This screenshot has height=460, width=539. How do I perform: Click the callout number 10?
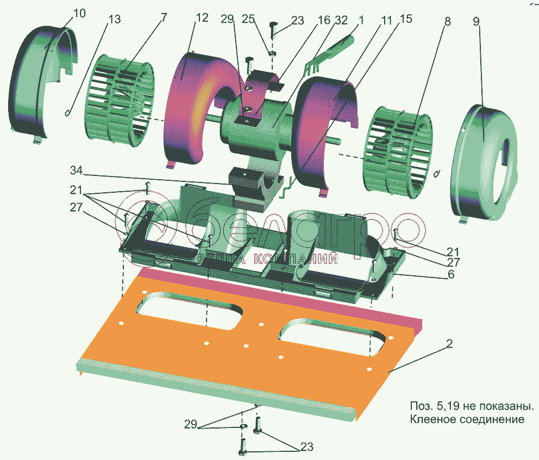(79, 13)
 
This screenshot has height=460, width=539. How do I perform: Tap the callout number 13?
(114, 20)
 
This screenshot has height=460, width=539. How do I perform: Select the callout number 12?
(202, 17)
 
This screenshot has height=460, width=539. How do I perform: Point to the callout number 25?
(248, 18)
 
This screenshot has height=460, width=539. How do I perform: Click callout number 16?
(324, 21)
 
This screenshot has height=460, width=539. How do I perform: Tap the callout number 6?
(450, 275)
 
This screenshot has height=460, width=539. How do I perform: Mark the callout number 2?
(449, 343)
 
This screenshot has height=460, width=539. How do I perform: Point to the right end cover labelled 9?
(484, 163)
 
